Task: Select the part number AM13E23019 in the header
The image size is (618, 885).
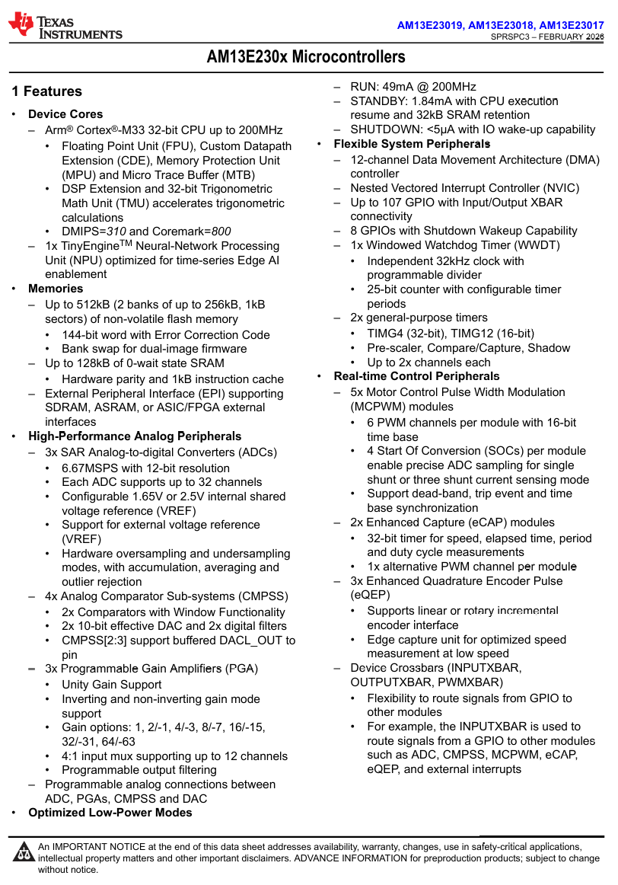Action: tap(430, 25)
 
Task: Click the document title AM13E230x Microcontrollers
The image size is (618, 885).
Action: tap(306, 57)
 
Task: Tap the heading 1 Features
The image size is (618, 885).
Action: tap(46, 91)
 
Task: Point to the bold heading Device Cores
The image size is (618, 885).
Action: tap(65, 114)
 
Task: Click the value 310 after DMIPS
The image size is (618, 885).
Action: tap(116, 232)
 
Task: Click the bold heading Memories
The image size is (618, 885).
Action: tap(56, 289)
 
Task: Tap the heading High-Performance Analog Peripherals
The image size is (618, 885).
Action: tap(135, 436)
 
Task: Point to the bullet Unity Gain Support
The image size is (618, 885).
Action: tap(112, 685)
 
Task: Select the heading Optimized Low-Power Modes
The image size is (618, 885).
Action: tap(110, 813)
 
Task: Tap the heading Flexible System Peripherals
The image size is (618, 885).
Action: tap(412, 144)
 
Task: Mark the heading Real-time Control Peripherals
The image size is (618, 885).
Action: tap(416, 376)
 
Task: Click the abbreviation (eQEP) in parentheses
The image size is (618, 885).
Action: tap(370, 595)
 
